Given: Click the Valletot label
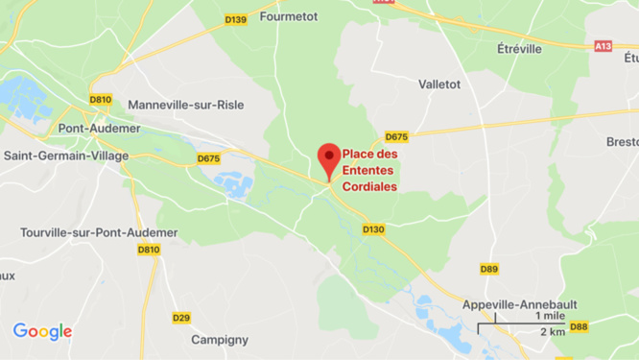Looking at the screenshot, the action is (x=439, y=84).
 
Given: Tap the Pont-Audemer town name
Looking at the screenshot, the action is (x=99, y=129).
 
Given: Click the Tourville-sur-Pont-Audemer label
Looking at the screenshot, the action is (x=99, y=232).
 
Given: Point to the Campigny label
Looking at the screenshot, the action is (x=220, y=339).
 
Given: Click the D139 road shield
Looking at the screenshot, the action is (x=236, y=19).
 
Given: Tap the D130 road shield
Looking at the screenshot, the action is (x=374, y=229).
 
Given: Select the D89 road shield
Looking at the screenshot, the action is (x=488, y=269).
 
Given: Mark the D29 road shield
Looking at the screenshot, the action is (x=181, y=318).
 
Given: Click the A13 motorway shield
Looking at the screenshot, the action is (x=603, y=45).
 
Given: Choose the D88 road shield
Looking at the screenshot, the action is (x=579, y=327).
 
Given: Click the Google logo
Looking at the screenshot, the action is (x=42, y=332).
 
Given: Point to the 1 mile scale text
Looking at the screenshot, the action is (x=550, y=316).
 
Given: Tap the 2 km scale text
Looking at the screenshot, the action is (x=552, y=332).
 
